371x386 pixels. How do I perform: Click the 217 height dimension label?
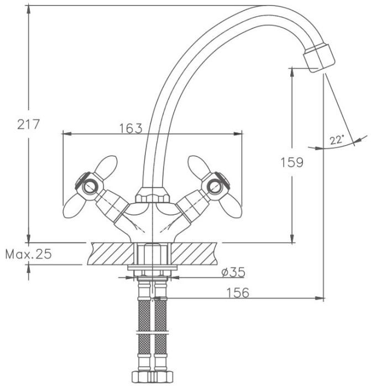pyautogui.click(x=28, y=124)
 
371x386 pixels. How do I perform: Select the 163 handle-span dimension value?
pyautogui.click(x=130, y=128)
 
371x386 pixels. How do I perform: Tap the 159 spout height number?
pyautogui.click(x=292, y=162)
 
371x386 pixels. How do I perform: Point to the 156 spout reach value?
pyautogui.click(x=238, y=293)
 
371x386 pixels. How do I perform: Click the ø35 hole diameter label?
pyautogui.click(x=233, y=272)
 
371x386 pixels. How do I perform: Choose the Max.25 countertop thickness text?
pyautogui.click(x=29, y=254)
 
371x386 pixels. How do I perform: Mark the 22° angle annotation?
pyautogui.click(x=336, y=140)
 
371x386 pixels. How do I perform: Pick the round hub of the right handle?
pyautogui.click(x=215, y=187)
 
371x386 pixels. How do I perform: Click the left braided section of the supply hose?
pyautogui.click(x=144, y=327)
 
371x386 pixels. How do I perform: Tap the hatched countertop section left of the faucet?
pyautogui.click(x=111, y=254)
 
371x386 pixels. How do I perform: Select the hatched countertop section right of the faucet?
pyautogui.click(x=194, y=254)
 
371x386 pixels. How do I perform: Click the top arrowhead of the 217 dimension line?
pyautogui.click(x=29, y=9)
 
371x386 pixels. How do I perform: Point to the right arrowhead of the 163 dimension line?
pyautogui.click(x=238, y=133)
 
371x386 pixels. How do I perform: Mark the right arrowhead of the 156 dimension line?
pyautogui.click(x=319, y=298)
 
